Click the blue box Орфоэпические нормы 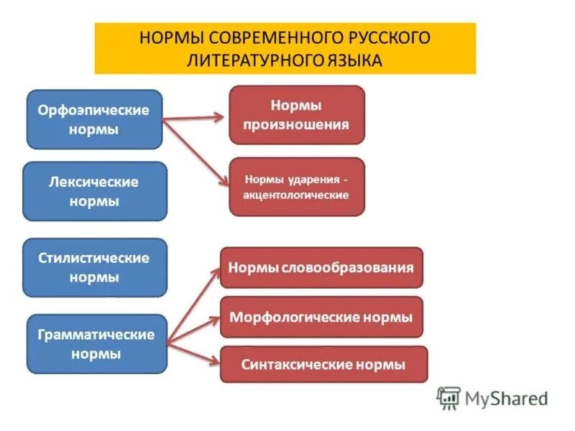click(94, 119)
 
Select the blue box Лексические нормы click(94, 191)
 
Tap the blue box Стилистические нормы click(94, 267)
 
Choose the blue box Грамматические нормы click(94, 343)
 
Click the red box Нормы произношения click(296, 115)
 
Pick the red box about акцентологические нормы click(296, 187)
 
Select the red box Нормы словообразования click(321, 268)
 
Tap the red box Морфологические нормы click(321, 317)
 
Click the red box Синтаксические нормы click(323, 364)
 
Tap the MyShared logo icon click(448, 397)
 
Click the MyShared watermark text click(506, 398)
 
